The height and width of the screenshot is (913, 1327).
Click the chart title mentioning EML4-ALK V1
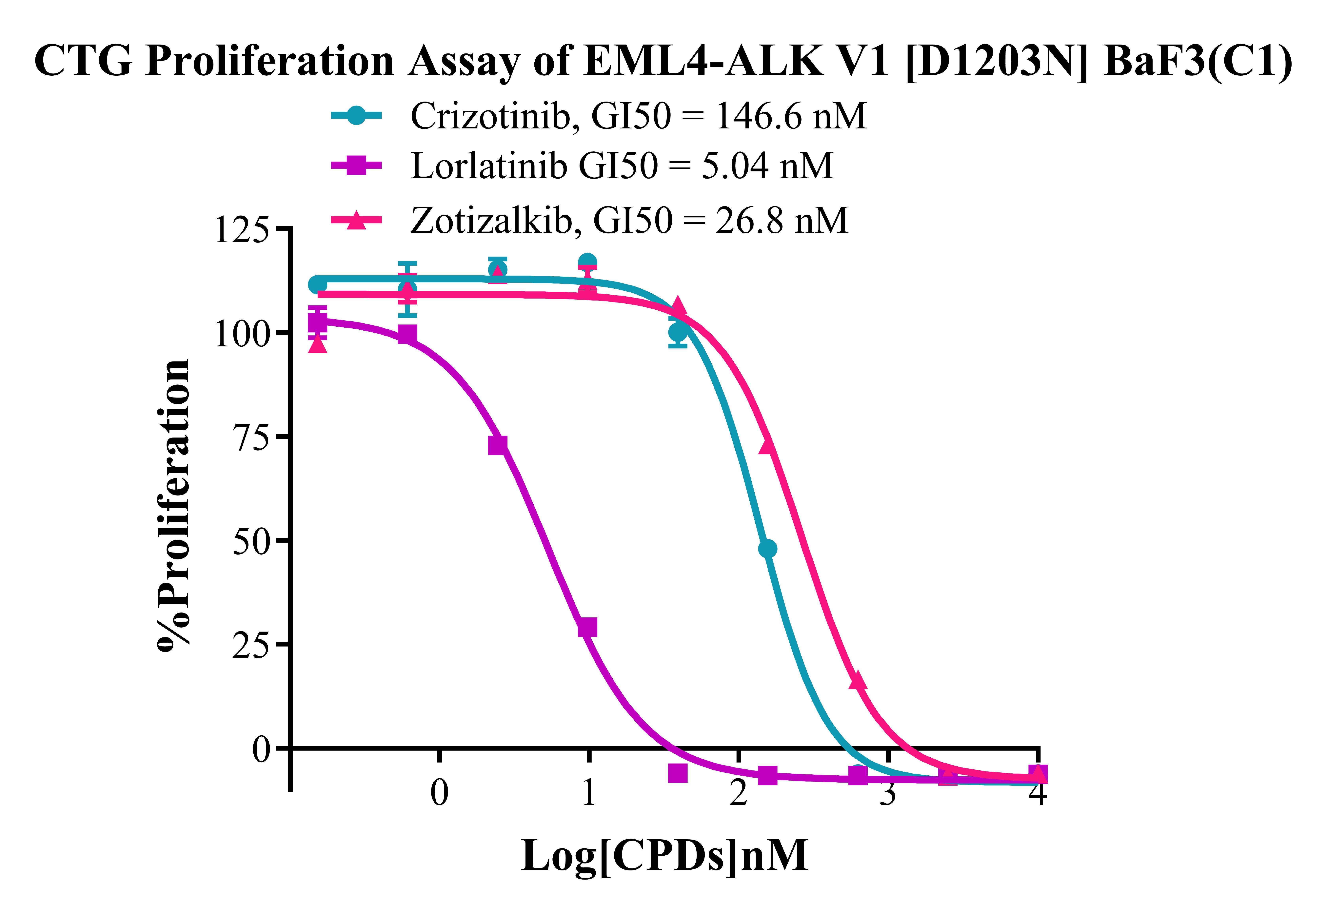click(x=663, y=61)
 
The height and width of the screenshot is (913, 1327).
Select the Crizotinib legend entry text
click(x=638, y=116)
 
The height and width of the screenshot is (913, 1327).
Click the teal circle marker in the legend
click(x=356, y=116)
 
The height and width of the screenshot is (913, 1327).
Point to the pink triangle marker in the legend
click(x=356, y=220)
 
